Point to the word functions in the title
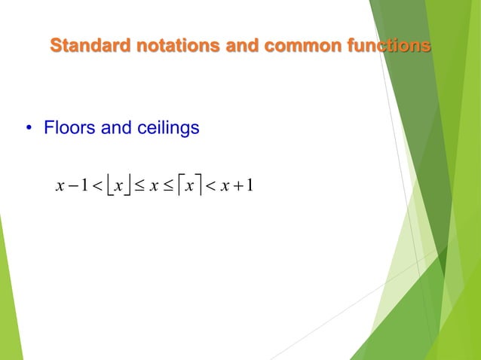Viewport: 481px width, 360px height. tap(388, 46)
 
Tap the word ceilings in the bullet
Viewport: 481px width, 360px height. tap(167, 129)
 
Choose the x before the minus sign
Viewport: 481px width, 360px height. tap(60, 185)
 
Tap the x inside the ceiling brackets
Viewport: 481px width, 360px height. tap(189, 185)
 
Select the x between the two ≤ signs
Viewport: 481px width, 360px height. tap(154, 185)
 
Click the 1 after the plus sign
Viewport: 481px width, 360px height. tap(249, 185)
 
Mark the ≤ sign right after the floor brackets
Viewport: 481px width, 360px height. tap(138, 185)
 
